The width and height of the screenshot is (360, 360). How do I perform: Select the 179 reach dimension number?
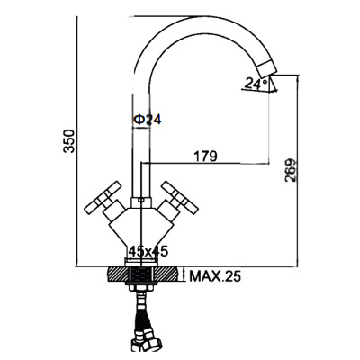click(205, 157)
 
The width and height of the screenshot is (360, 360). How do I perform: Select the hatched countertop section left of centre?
click(119, 274)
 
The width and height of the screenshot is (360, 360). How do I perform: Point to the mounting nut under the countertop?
click(143, 289)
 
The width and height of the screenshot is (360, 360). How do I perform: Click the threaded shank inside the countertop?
click(143, 274)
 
